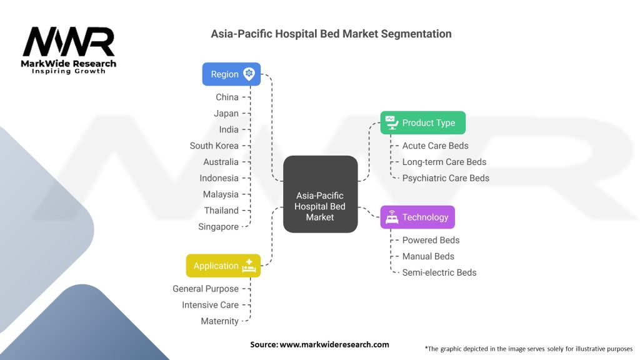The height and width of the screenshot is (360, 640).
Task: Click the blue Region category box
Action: point(231,74)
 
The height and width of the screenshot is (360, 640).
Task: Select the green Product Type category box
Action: point(422,122)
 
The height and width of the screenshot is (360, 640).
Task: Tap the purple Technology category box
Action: point(417,217)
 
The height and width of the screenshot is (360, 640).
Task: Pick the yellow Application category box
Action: point(223,266)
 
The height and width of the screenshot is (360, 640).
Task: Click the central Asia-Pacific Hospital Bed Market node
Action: point(320,194)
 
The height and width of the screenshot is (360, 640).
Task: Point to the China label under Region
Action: point(227,97)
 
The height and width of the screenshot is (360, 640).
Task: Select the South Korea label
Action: point(214,146)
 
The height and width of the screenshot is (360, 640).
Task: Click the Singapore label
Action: point(218,227)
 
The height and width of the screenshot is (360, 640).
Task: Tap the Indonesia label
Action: point(219,178)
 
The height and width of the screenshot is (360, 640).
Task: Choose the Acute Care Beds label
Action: point(435,146)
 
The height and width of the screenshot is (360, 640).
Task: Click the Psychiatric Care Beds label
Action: point(446,178)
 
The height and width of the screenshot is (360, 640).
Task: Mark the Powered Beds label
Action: point(431,240)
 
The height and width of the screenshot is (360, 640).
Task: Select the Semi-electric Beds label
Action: point(439,272)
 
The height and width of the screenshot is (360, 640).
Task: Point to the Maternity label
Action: point(219,321)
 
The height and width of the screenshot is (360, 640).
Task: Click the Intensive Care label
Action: point(210,305)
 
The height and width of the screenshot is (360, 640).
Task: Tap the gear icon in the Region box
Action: point(249,74)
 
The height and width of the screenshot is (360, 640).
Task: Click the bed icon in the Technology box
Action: point(392,217)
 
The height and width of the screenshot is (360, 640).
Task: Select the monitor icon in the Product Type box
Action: point(391,121)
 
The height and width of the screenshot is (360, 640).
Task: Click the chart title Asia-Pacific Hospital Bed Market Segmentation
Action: point(331,33)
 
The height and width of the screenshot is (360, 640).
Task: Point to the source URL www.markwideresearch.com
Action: point(335,344)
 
